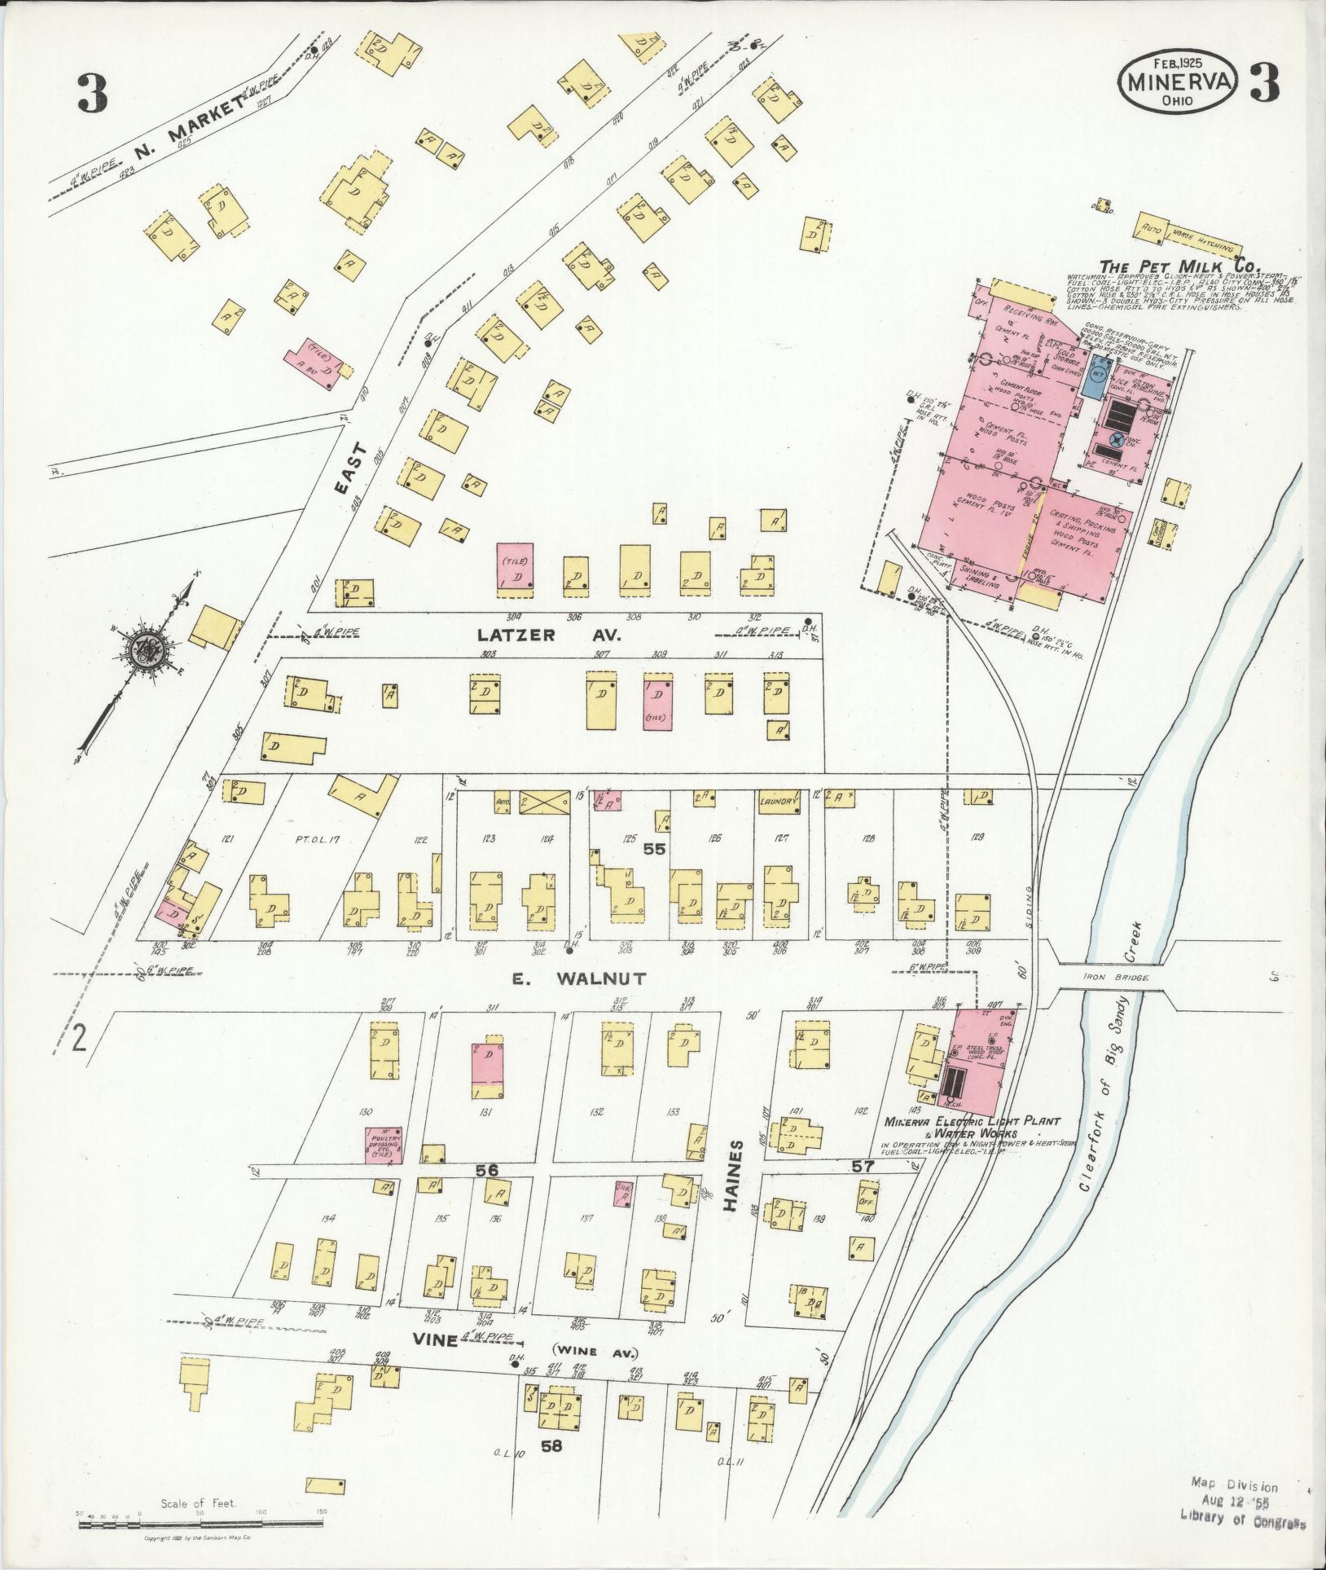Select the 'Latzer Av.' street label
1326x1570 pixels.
coord(550,635)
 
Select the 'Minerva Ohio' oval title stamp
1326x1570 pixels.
coord(1179,88)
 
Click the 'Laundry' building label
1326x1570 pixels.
coord(777,802)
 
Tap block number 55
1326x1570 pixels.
coord(654,848)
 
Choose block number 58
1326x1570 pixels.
coord(551,1446)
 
